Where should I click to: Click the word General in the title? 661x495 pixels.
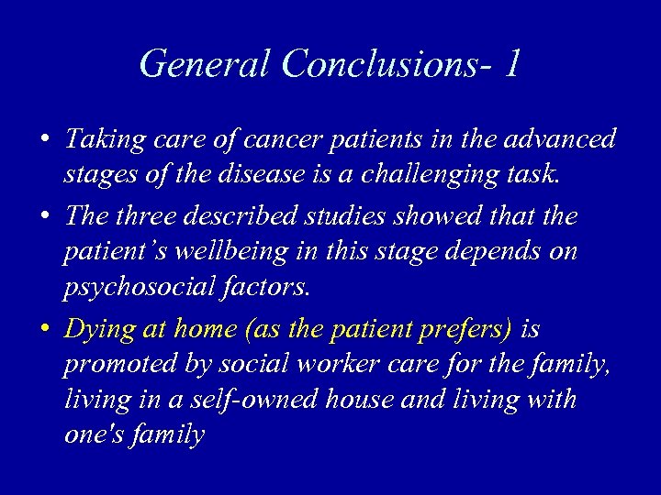point(205,63)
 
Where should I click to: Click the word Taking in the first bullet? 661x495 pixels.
point(101,139)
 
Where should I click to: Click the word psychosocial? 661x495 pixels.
point(138,287)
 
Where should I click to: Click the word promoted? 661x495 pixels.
point(114,365)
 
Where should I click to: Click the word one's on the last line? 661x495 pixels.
point(94,434)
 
